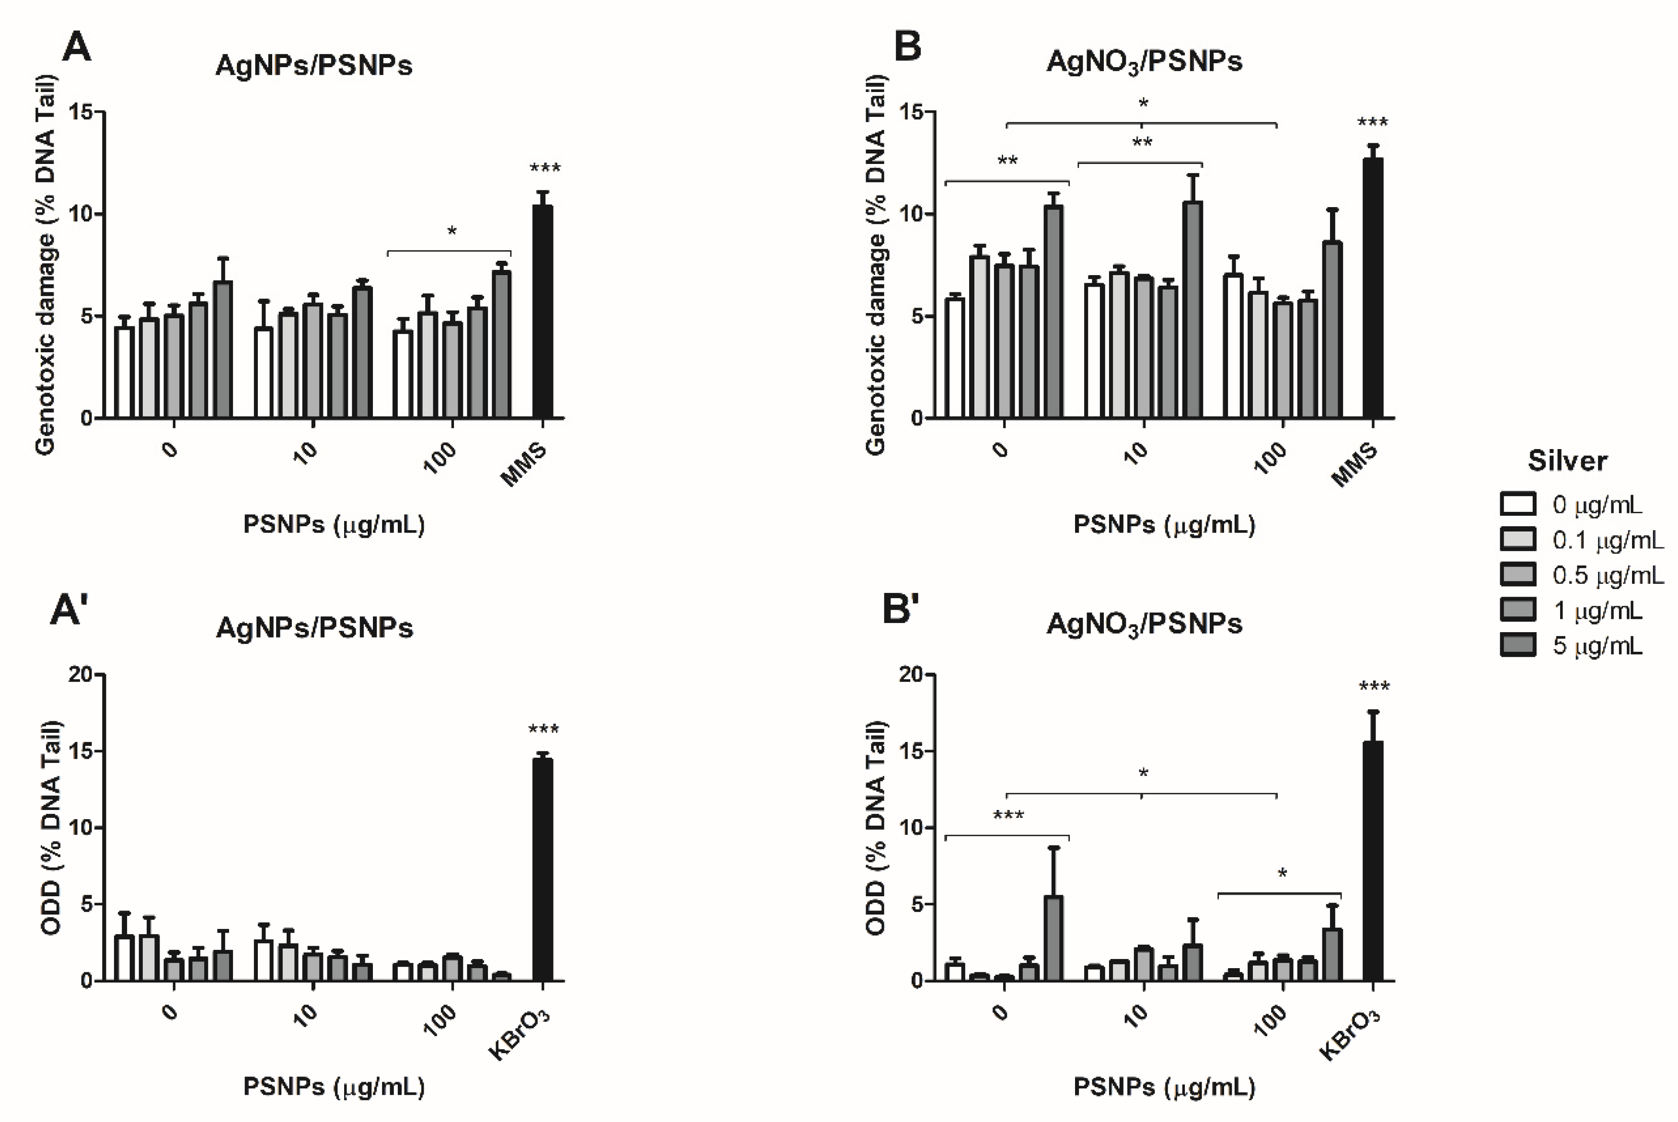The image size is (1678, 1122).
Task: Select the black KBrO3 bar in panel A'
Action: [543, 869]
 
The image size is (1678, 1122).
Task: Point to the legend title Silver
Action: [1567, 461]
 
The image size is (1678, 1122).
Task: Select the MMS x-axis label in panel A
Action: [524, 465]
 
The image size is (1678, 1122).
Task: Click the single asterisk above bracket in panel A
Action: [451, 231]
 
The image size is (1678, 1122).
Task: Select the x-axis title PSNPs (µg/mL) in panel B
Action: [1164, 524]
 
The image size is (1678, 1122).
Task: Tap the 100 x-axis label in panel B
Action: [1270, 458]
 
